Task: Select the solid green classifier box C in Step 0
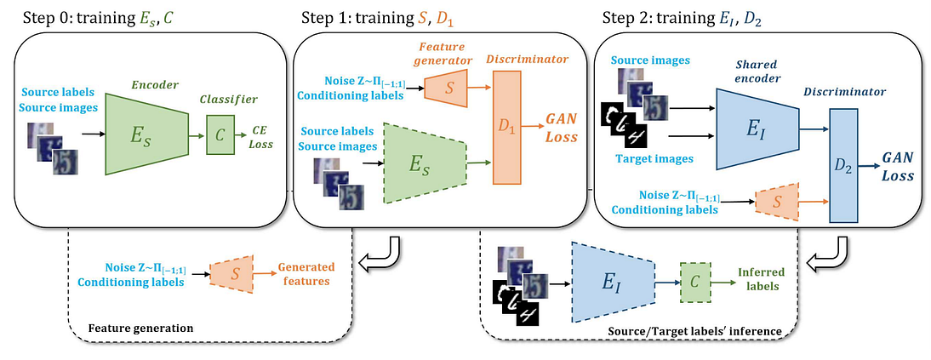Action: (221, 134)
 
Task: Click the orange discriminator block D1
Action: (510, 129)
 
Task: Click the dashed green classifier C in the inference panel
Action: (696, 279)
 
